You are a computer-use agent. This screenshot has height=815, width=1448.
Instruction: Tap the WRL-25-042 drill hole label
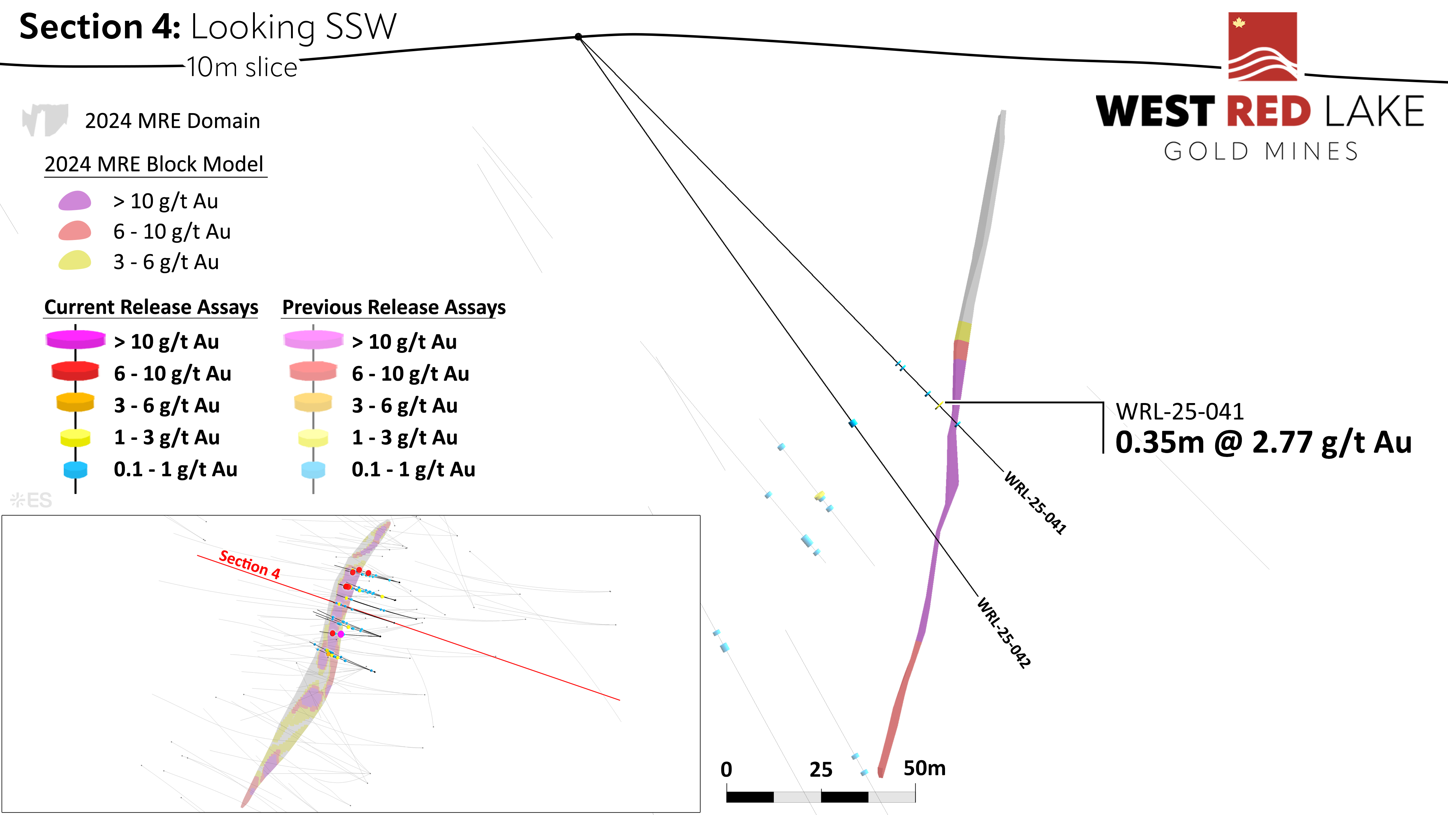[1004, 633]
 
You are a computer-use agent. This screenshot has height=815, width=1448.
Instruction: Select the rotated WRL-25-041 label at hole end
[1035, 502]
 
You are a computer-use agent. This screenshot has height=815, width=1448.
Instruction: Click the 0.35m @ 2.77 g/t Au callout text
[1263, 442]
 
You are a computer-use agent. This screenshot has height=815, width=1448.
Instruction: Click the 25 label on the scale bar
[821, 769]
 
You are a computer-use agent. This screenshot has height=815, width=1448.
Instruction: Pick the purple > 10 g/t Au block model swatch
[75, 201]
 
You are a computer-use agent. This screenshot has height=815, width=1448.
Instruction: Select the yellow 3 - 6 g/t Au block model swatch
[75, 261]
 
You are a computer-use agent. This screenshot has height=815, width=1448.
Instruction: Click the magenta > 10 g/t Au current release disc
[75, 339]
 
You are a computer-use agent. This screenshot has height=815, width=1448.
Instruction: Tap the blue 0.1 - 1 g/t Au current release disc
[75, 469]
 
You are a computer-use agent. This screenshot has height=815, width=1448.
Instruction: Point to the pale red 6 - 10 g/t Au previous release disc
[313, 371]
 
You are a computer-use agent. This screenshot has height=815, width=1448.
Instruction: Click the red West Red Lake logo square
[1262, 47]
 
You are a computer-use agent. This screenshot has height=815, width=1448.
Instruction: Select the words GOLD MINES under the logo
[1261, 151]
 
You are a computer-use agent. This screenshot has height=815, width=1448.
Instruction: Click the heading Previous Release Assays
[394, 307]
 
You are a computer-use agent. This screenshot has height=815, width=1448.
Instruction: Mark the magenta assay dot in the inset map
[341, 634]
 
